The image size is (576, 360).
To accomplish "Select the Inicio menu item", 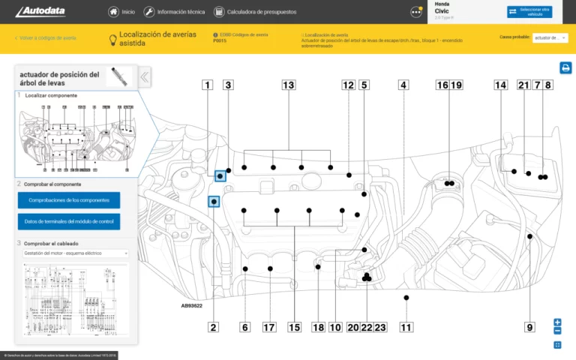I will point(121,12).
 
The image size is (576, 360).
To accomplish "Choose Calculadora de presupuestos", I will point(255,12).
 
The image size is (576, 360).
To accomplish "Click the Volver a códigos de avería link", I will point(46,37).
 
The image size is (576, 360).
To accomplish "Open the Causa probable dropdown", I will point(550,37).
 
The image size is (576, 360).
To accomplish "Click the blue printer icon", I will point(565,68).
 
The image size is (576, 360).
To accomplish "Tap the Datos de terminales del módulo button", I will point(68,221).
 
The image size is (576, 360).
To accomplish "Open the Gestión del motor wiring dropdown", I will point(73,253).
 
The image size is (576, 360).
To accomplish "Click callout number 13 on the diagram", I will point(288,85).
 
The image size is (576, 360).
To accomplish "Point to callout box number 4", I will point(403,85).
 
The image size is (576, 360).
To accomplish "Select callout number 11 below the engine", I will point(406,327).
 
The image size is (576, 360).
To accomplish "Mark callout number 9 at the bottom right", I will point(529,327).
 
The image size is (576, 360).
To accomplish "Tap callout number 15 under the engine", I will point(294,327).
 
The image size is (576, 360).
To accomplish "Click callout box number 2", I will point(214,327).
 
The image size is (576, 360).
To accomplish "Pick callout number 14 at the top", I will point(500,85).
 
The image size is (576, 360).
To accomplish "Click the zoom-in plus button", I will point(557,322).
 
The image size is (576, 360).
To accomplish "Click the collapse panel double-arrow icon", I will point(145,77).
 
